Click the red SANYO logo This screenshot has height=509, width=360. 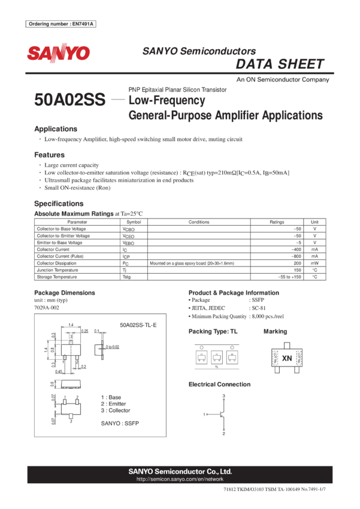[58, 53]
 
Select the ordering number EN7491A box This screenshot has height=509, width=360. [62, 24]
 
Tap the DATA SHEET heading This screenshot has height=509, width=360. [280, 65]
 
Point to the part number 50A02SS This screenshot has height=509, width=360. [70, 99]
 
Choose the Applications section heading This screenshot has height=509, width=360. [56, 129]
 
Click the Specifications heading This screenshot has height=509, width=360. [59, 203]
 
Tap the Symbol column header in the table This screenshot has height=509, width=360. [134, 222]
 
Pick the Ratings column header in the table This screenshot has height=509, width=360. [277, 222]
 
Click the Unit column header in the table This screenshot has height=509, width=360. [314, 222]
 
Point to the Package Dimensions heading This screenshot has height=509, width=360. [65, 292]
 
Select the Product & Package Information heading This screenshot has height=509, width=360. [233, 292]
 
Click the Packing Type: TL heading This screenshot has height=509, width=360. [213, 331]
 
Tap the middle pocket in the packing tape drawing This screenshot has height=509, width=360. [217, 357]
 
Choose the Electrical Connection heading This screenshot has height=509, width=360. [219, 384]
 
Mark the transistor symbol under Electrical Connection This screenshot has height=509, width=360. [222, 414]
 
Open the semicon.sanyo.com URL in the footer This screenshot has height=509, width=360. [180, 480]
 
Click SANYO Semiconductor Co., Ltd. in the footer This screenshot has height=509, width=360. [180, 471]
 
